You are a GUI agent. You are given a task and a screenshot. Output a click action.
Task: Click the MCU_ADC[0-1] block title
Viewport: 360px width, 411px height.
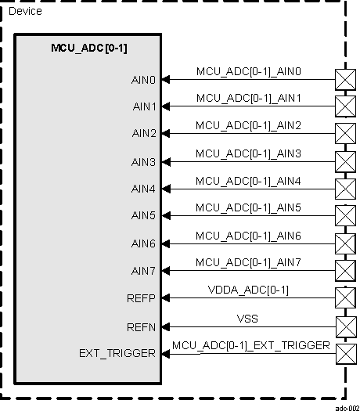click(88, 49)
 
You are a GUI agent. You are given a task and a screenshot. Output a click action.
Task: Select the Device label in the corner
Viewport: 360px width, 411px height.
click(25, 11)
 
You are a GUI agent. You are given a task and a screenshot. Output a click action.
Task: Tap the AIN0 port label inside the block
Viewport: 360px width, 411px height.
click(143, 79)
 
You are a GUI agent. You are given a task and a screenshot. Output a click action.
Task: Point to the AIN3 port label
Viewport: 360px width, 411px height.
click(143, 162)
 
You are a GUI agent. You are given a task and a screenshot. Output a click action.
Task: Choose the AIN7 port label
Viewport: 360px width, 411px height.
click(143, 271)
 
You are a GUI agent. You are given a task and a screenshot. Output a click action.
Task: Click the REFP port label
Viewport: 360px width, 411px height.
click(142, 298)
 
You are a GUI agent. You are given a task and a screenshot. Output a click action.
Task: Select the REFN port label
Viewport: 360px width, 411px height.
click(142, 326)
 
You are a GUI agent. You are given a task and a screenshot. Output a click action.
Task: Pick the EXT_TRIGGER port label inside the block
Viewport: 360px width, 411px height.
click(117, 353)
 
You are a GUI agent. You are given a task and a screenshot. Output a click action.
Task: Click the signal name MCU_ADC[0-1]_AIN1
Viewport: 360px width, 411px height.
click(248, 99)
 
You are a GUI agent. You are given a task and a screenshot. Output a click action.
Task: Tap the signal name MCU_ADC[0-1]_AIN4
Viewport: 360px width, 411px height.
click(248, 181)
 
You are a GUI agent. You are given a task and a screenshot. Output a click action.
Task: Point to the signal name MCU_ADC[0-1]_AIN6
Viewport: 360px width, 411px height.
click(248, 236)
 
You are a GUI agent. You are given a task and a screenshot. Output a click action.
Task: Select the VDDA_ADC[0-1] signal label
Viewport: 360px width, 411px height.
click(248, 290)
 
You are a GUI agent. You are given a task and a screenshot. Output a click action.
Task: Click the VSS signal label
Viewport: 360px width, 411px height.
click(248, 318)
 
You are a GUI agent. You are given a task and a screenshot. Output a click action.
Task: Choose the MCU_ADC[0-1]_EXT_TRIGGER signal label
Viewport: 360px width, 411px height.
click(250, 345)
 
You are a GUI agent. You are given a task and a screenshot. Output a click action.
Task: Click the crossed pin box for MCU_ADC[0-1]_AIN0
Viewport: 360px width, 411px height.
click(344, 78)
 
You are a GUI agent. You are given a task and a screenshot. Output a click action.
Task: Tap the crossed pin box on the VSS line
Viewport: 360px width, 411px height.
click(344, 325)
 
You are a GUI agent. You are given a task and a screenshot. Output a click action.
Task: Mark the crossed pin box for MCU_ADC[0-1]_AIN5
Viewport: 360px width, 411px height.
click(344, 215)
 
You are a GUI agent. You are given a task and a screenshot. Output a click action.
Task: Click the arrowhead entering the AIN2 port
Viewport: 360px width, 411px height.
click(167, 133)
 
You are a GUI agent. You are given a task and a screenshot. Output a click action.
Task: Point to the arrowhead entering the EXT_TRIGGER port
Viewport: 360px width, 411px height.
click(167, 352)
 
